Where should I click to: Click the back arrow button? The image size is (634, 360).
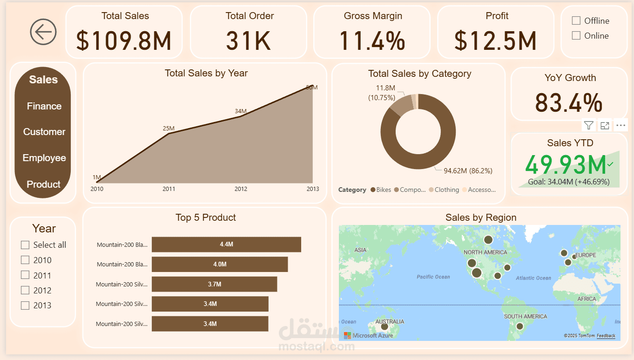[x=43, y=32]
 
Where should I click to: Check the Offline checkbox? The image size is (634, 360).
[x=576, y=20]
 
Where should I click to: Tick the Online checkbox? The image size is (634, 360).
[x=576, y=35]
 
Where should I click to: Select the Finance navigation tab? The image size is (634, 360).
[x=44, y=106]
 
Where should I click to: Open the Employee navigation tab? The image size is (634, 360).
[x=44, y=158]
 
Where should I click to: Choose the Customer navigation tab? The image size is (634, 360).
[x=44, y=132]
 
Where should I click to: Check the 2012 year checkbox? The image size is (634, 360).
[x=25, y=290]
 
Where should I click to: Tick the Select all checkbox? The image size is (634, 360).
[x=25, y=245]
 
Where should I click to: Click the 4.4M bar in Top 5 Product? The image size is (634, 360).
[x=226, y=245]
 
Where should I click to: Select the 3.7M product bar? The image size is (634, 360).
[x=214, y=284]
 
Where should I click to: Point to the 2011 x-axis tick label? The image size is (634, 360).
[x=169, y=189]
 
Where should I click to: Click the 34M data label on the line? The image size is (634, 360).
[x=241, y=111]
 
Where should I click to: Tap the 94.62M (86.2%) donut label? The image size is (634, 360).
[x=467, y=171]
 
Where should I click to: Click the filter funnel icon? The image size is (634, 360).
[x=589, y=125]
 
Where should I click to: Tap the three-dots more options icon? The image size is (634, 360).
[x=621, y=125]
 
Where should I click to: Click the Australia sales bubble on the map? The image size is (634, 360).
[x=384, y=326]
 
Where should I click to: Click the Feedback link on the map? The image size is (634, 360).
[x=606, y=336]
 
